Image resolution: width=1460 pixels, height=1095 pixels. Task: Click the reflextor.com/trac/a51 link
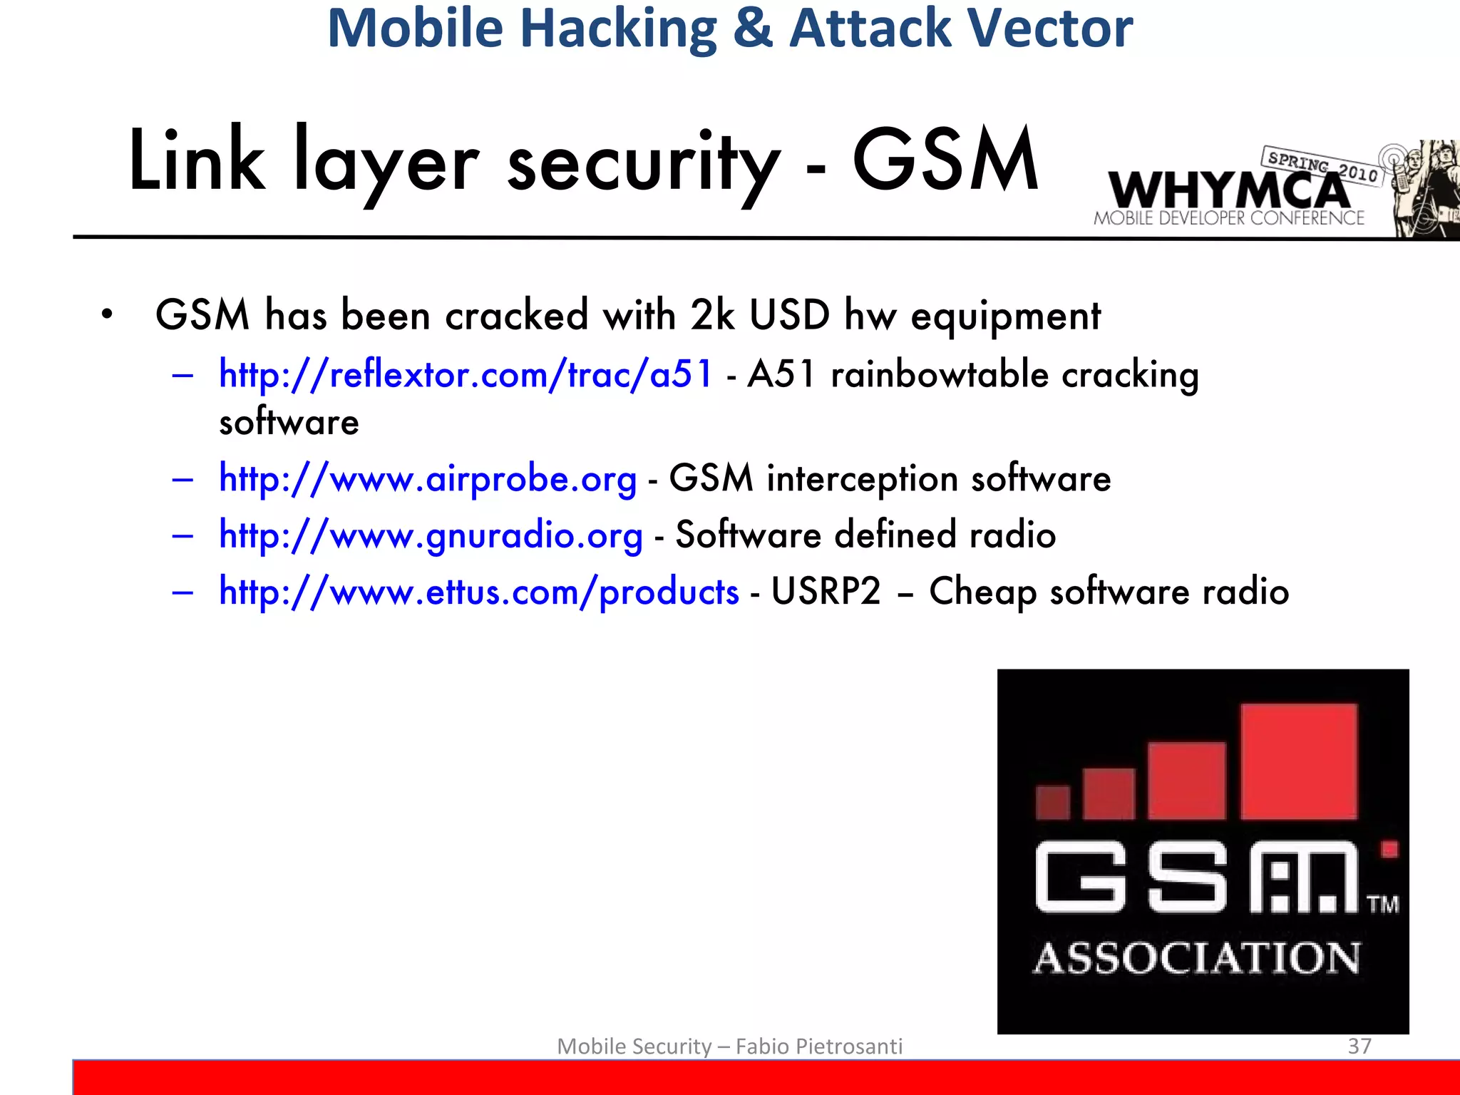tap(465, 374)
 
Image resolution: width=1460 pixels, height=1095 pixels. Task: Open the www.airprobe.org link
tap(428, 478)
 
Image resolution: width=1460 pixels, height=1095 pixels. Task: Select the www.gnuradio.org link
tap(431, 535)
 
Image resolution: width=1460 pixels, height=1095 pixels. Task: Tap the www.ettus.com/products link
tap(479, 592)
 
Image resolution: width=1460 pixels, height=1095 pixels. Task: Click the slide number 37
tap(1359, 1046)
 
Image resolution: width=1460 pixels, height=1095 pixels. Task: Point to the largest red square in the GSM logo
tap(1299, 761)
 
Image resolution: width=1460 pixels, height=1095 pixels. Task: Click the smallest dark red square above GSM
tap(1052, 802)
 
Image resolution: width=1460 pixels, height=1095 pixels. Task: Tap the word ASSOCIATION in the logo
tap(1197, 957)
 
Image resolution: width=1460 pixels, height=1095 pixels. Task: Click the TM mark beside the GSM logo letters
tap(1383, 905)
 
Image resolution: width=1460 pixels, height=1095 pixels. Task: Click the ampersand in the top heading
tap(753, 29)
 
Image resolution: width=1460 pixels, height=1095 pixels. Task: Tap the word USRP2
tap(826, 592)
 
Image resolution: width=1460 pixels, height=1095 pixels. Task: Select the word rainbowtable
tap(940, 374)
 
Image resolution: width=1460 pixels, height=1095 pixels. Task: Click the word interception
tap(862, 478)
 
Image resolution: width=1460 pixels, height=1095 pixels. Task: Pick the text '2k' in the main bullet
tap(711, 315)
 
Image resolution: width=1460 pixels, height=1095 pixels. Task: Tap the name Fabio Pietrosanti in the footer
tap(818, 1046)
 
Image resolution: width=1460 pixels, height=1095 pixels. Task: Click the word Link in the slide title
tap(197, 161)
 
